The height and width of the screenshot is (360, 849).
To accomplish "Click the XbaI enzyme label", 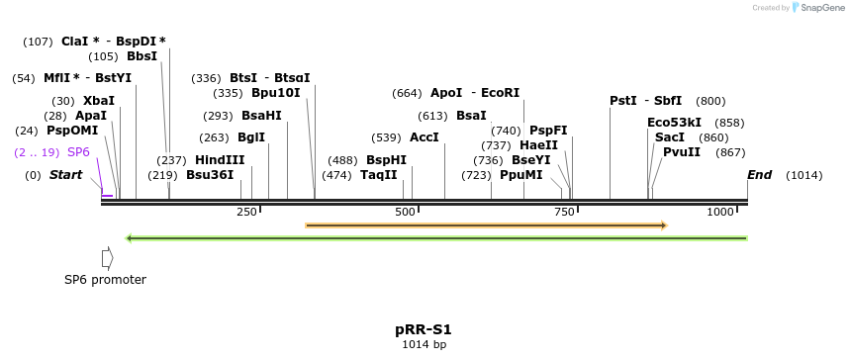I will [99, 101].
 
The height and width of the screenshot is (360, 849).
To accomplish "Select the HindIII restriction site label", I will [220, 160].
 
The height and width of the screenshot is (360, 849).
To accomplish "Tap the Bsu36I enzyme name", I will [210, 175].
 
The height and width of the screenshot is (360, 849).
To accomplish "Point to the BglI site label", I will [251, 137].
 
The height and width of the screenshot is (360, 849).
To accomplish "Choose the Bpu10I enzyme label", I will [275, 93].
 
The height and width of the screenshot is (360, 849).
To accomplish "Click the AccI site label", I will [424, 137].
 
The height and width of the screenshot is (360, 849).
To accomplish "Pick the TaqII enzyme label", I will [379, 175].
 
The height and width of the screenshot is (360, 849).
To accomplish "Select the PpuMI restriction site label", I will [521, 175].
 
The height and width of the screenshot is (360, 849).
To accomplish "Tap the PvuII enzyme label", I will [682, 151].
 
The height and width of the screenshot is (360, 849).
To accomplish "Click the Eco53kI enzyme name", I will [675, 123].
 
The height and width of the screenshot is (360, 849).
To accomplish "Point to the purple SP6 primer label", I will [78, 152].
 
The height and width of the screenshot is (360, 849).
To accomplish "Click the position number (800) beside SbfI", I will [710, 101].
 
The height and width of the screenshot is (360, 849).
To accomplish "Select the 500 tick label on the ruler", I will [406, 213].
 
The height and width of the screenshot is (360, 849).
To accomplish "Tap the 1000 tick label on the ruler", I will [719, 213].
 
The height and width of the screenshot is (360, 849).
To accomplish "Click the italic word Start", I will [66, 175].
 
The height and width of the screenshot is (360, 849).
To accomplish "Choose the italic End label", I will [760, 175].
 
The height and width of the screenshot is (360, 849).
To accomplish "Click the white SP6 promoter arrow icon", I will [107, 257].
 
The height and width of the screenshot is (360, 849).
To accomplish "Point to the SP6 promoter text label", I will [105, 280].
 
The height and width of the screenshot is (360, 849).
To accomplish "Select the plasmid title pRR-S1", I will [424, 329].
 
